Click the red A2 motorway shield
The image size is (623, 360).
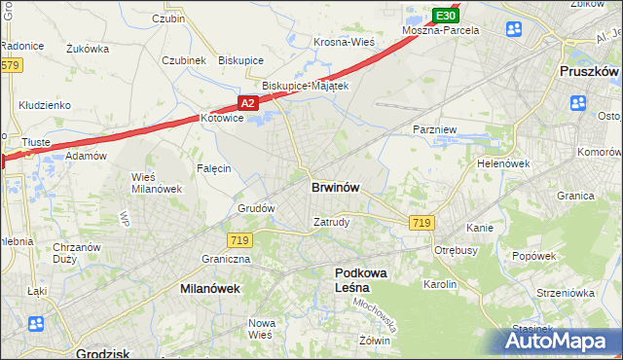click(247, 102)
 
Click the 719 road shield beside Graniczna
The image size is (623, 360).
click(238, 239)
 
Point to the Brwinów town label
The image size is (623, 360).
click(338, 187)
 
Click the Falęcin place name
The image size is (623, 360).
click(213, 168)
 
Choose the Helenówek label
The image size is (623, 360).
click(502, 163)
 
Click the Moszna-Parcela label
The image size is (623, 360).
click(441, 30)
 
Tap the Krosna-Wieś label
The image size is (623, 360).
click(345, 42)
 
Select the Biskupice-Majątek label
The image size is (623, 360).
click(305, 86)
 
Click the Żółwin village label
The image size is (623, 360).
click(374, 341)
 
